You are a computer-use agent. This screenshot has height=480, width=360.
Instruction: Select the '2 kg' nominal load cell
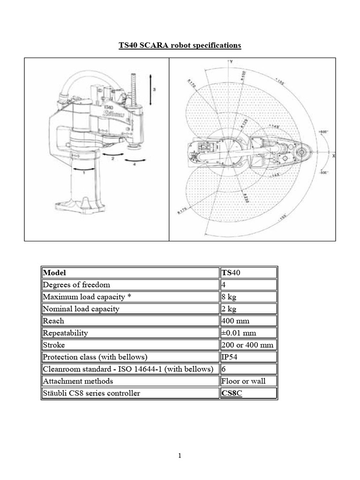click(x=230, y=309)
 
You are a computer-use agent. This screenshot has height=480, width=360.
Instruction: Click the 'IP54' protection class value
click(x=230, y=357)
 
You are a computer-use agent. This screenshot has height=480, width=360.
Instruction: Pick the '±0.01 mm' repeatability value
click(x=239, y=333)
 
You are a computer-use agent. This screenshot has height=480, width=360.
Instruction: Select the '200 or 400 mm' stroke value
click(x=247, y=345)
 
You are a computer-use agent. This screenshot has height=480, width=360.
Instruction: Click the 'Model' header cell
click(x=55, y=272)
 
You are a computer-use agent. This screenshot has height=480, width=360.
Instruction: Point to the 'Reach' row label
click(x=53, y=321)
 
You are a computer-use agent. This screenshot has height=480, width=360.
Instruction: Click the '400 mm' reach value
click(x=236, y=321)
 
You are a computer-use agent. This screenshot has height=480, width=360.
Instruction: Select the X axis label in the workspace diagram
click(x=333, y=156)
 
